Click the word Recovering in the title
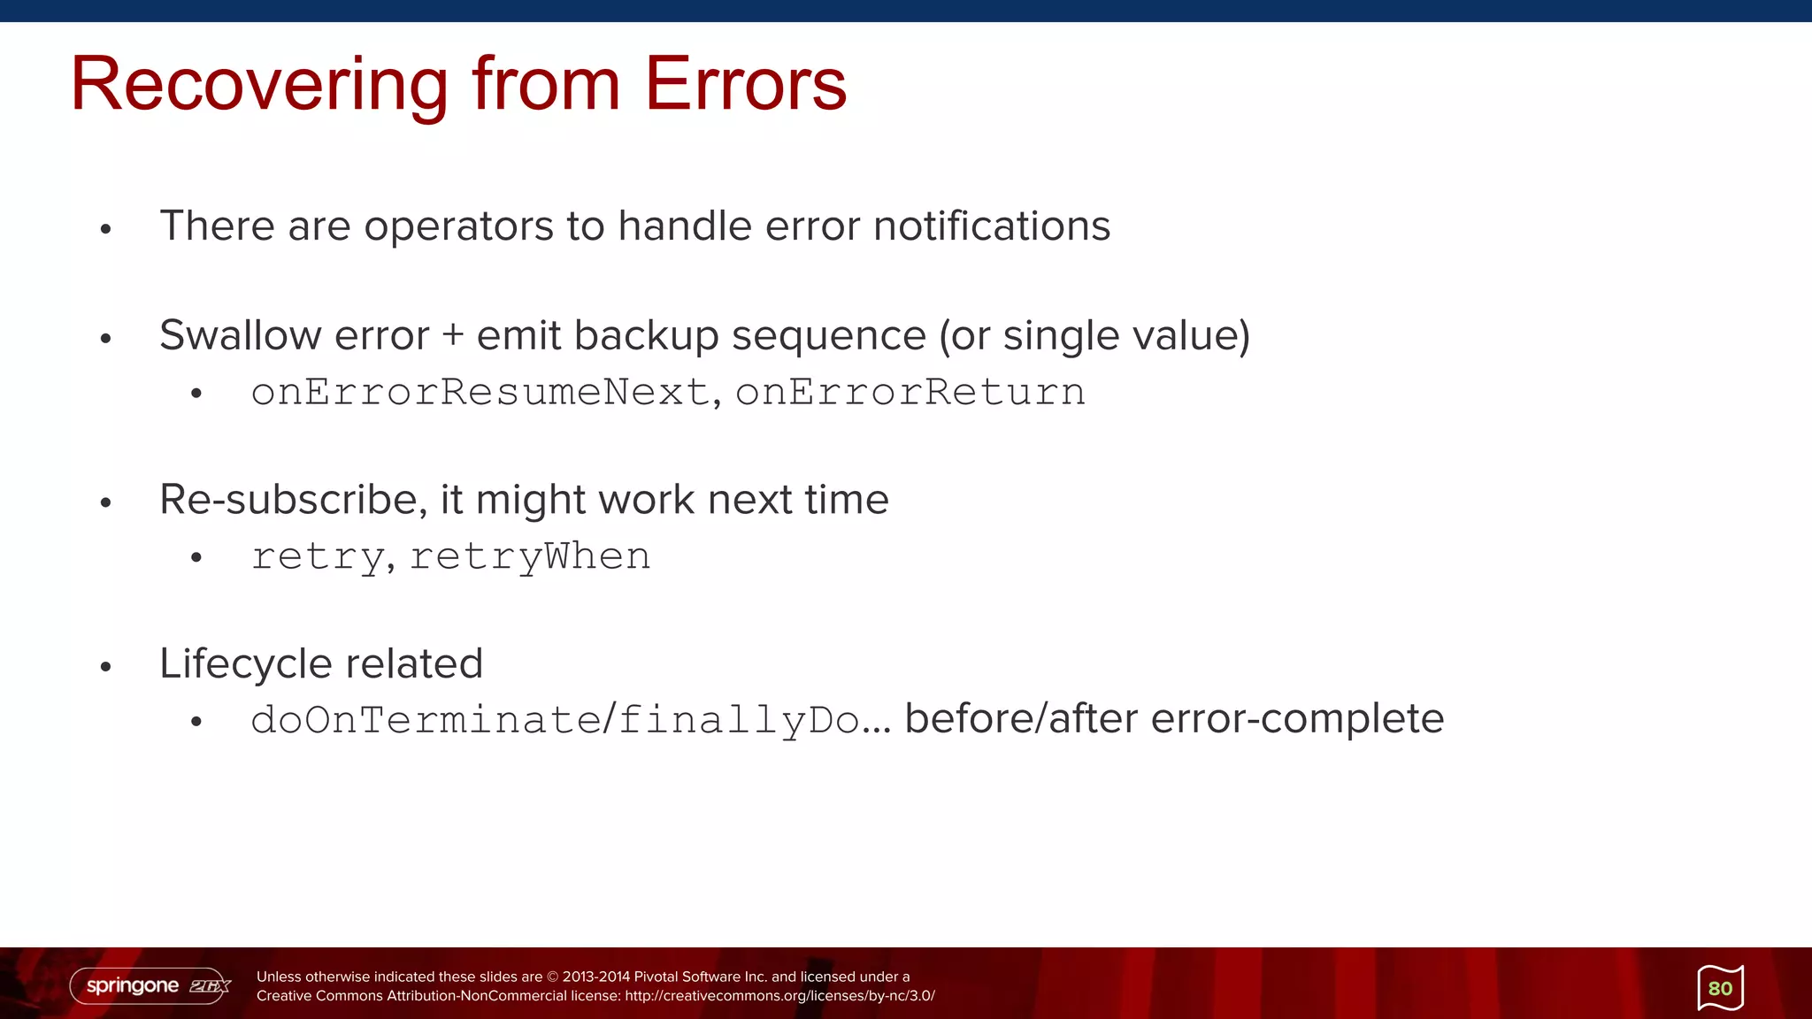(259, 85)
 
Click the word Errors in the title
(745, 85)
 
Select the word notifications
(991, 226)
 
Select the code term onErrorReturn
(910, 392)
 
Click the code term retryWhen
(530, 556)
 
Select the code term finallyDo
(739, 720)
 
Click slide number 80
(1720, 988)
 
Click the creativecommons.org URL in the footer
(779, 996)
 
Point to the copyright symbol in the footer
(552, 977)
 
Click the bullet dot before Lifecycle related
(106, 666)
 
